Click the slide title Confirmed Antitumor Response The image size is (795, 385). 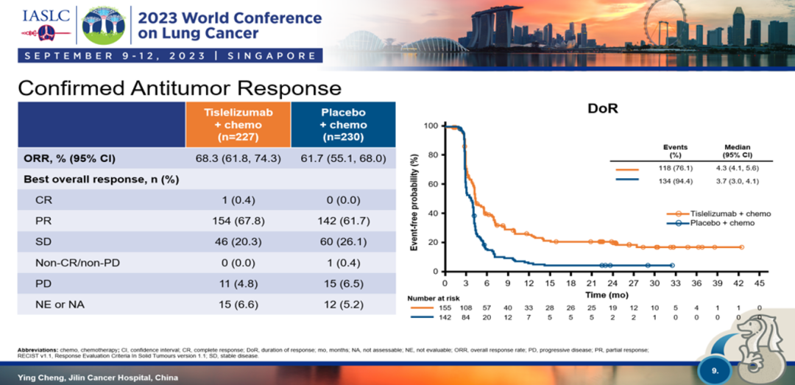pyautogui.click(x=179, y=88)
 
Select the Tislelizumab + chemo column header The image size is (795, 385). pyautogui.click(x=237, y=125)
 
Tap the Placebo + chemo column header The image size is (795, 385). pyautogui.click(x=343, y=125)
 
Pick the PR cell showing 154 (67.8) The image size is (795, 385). pyautogui.click(x=237, y=221)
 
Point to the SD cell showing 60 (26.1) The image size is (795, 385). pyautogui.click(x=343, y=241)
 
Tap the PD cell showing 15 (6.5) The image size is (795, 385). pyautogui.click(x=343, y=283)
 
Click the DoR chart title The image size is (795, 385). pyautogui.click(x=602, y=108)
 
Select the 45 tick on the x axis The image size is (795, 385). pyautogui.click(x=760, y=282)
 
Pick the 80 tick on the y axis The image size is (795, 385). pyautogui.click(x=434, y=155)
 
